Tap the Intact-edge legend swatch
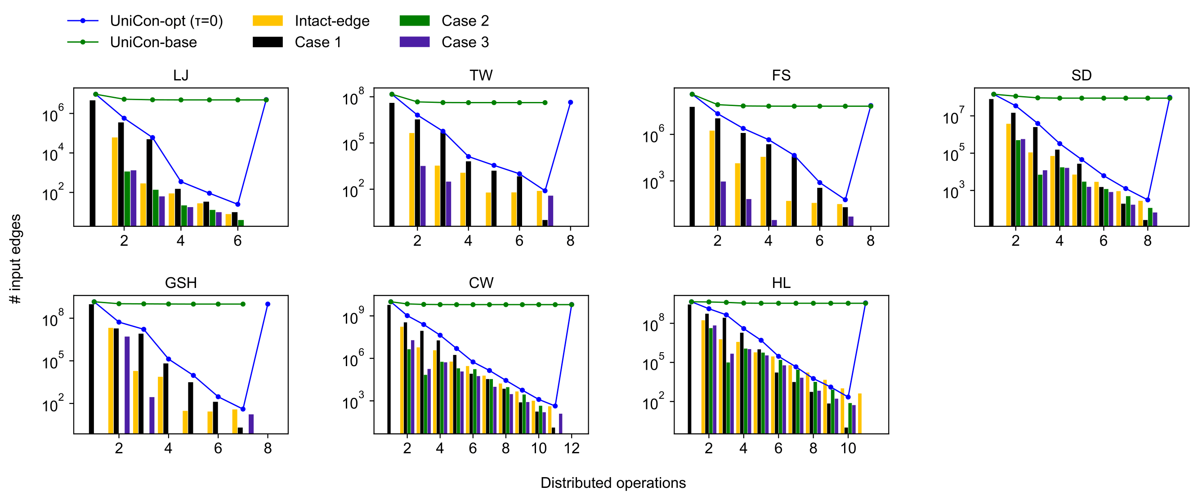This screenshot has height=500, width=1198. (x=268, y=21)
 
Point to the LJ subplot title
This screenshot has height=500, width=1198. (x=180, y=75)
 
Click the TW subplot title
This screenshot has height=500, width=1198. (x=481, y=75)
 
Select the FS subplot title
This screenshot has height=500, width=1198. (x=781, y=75)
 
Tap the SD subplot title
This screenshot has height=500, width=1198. (x=1081, y=75)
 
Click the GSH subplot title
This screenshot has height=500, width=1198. (x=180, y=283)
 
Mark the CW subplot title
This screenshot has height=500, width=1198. (x=481, y=283)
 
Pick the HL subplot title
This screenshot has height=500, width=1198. (x=781, y=283)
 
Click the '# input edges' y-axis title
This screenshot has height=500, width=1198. (x=15, y=259)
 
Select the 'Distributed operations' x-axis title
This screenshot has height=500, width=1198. (x=612, y=483)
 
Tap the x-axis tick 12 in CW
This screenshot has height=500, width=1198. (x=572, y=448)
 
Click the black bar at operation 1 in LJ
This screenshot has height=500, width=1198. (x=93, y=163)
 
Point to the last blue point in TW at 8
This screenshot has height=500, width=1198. (x=571, y=102)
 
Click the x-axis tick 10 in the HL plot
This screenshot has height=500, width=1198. (x=848, y=448)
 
